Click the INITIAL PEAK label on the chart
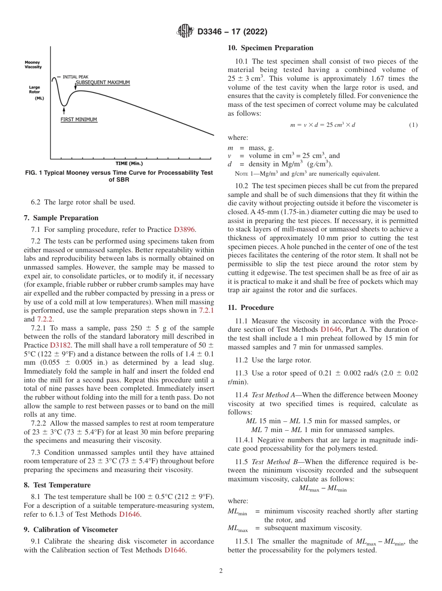[75, 77]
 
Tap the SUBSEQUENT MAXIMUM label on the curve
[102, 83]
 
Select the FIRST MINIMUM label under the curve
[79, 120]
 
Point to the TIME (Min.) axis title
[129, 164]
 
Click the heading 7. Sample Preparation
[61, 218]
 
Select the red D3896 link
[185, 230]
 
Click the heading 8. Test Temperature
[57, 485]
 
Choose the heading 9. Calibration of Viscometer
[71, 530]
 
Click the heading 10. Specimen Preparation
[270, 48]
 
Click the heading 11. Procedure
[251, 308]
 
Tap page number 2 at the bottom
[221, 571]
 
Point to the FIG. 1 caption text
[119, 176]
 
